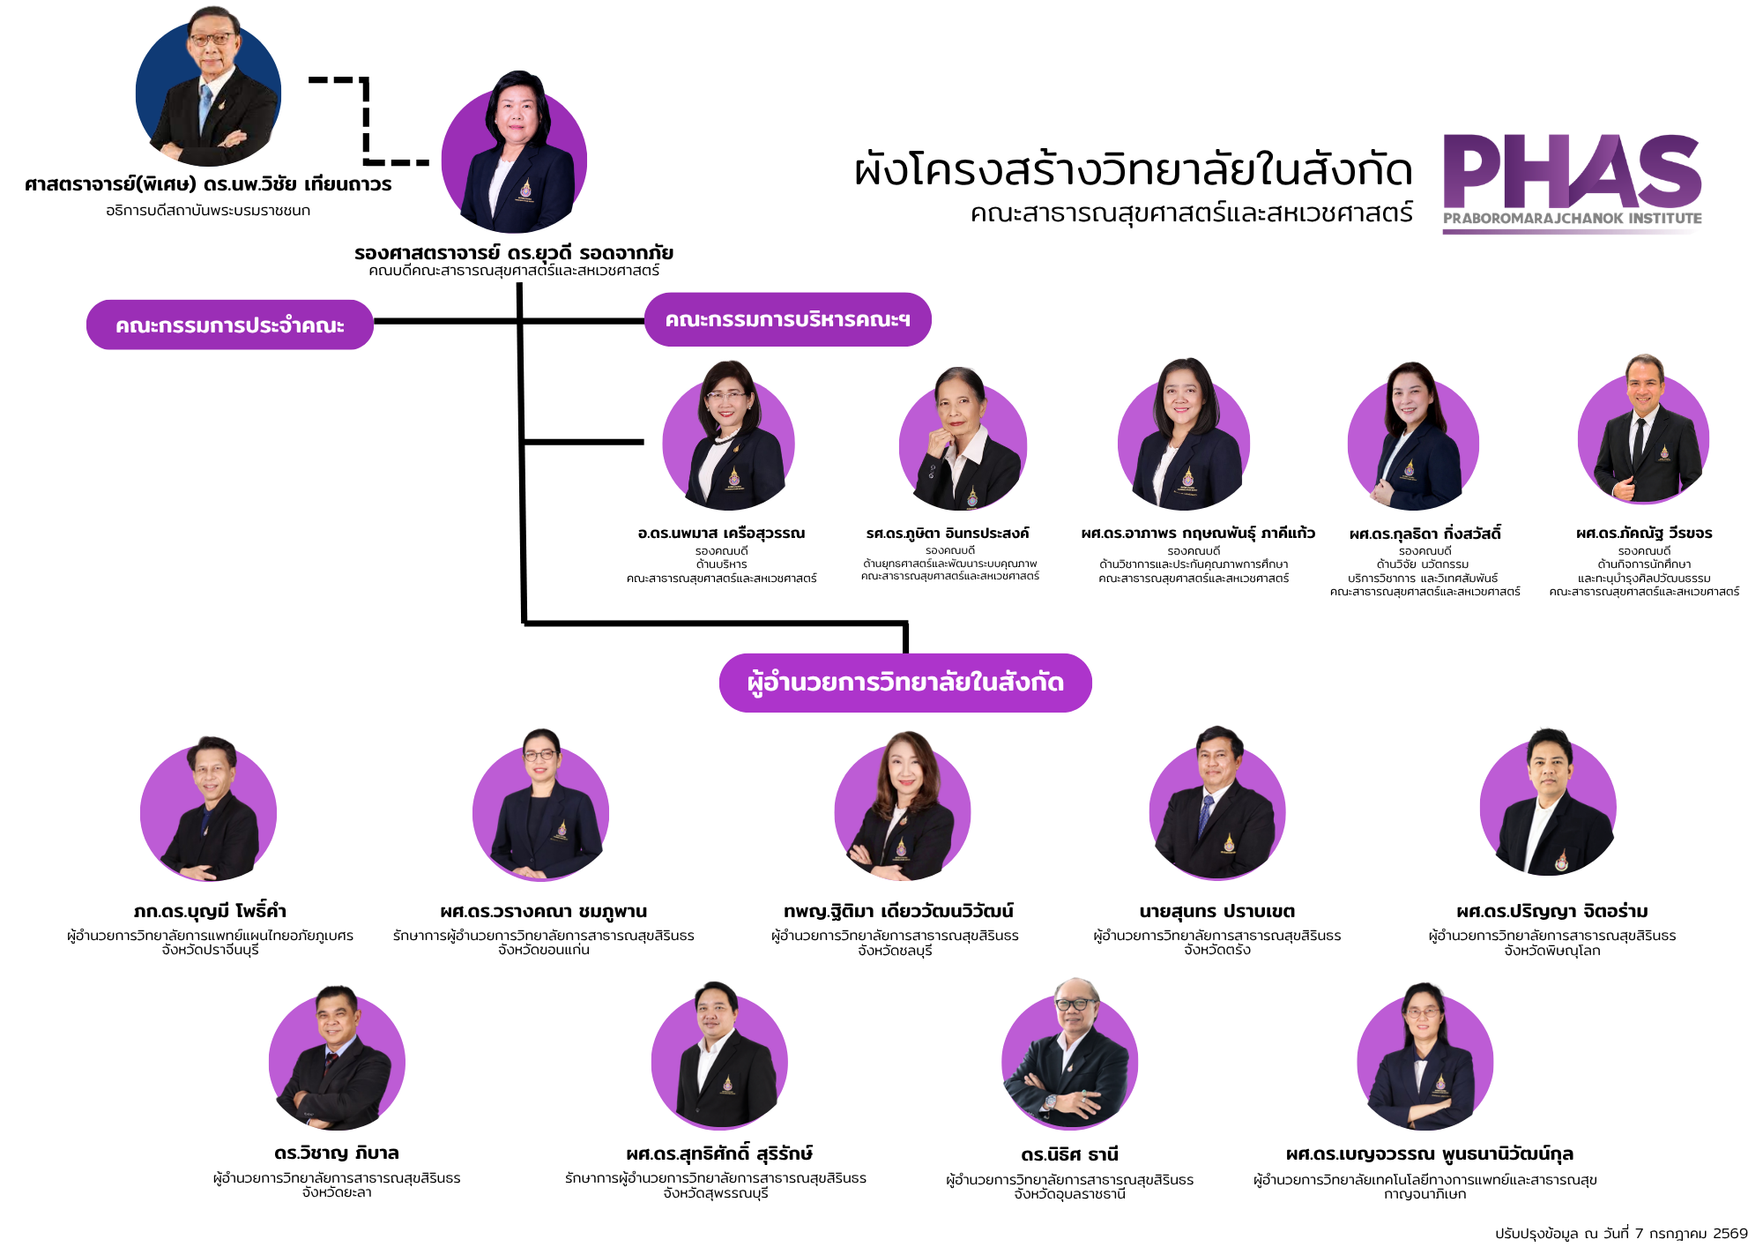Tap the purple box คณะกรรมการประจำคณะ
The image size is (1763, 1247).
230,325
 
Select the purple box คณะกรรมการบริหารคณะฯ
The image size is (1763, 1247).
787,319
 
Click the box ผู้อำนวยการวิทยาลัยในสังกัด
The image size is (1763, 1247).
905,683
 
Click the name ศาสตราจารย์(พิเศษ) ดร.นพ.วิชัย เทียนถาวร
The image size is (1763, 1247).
208,184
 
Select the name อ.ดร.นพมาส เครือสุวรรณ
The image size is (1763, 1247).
721,533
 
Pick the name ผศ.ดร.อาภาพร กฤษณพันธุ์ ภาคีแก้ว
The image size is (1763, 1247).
1198,533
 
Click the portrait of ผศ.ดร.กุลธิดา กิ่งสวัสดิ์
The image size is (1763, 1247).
1413,436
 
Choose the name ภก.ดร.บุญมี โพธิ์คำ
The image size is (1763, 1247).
210,911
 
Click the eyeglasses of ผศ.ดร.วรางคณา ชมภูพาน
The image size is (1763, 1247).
539,755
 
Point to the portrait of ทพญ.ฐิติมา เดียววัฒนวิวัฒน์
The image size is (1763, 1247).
903,805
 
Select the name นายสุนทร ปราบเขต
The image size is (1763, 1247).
1216,911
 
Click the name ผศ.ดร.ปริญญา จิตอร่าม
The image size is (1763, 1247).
1552,911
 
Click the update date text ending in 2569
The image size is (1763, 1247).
1621,1233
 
